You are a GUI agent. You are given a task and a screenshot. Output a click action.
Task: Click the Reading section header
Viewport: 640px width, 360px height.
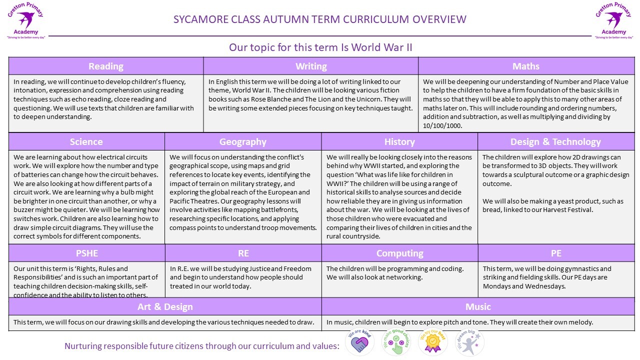tap(106, 66)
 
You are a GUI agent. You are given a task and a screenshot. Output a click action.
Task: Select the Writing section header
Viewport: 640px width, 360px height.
tap(311, 66)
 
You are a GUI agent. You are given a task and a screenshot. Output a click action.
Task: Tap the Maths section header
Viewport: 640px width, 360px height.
tap(526, 66)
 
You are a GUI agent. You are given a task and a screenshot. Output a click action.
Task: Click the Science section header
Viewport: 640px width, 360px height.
tap(86, 141)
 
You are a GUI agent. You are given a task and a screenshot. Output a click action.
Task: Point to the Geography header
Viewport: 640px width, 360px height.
tap(243, 141)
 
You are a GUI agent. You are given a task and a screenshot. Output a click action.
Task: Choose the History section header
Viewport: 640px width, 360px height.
tap(399, 141)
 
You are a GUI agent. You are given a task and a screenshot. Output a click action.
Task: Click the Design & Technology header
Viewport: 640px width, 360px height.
tap(555, 141)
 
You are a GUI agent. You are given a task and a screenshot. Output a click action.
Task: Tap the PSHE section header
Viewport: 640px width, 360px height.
tap(86, 253)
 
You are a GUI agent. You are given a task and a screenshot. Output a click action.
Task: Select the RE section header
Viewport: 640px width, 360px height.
tap(243, 253)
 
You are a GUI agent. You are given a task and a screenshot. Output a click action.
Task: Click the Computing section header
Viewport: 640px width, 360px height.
tap(399, 253)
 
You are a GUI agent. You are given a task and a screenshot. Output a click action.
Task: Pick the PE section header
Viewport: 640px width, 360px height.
tap(556, 253)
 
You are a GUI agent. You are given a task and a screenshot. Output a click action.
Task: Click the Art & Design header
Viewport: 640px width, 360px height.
tap(165, 306)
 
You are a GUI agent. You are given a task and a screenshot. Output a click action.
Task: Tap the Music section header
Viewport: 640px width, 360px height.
tap(478, 306)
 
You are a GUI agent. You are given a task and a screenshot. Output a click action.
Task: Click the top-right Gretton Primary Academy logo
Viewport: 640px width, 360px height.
tap(614, 20)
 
